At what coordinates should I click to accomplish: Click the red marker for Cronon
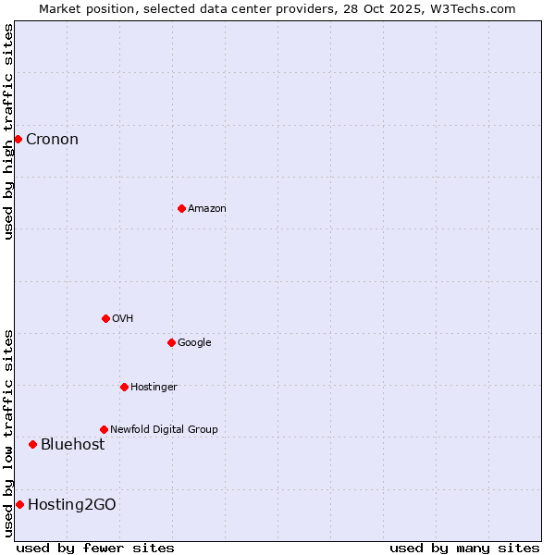coord(18,139)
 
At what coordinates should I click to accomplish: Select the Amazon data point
coord(181,208)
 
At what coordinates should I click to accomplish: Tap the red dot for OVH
coord(105,318)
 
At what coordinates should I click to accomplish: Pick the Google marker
coord(171,342)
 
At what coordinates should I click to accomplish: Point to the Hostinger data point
coord(124,387)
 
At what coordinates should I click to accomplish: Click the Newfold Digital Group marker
coord(104,429)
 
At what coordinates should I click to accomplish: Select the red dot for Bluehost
coord(32,444)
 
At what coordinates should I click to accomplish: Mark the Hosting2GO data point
coord(19,504)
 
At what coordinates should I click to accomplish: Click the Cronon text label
coord(52,140)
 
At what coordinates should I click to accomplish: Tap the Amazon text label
coord(207,209)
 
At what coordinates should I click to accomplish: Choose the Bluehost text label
coord(72,445)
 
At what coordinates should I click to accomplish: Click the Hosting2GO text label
coord(72,505)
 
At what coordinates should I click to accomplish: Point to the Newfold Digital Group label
coord(164,429)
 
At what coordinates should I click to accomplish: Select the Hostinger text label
coord(154,387)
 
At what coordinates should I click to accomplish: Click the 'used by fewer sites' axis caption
coord(95,548)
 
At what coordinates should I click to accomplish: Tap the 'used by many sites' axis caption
coord(464,548)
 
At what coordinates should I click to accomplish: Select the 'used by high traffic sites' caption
coord(9,131)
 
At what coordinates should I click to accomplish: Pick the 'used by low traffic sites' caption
coord(9,432)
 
